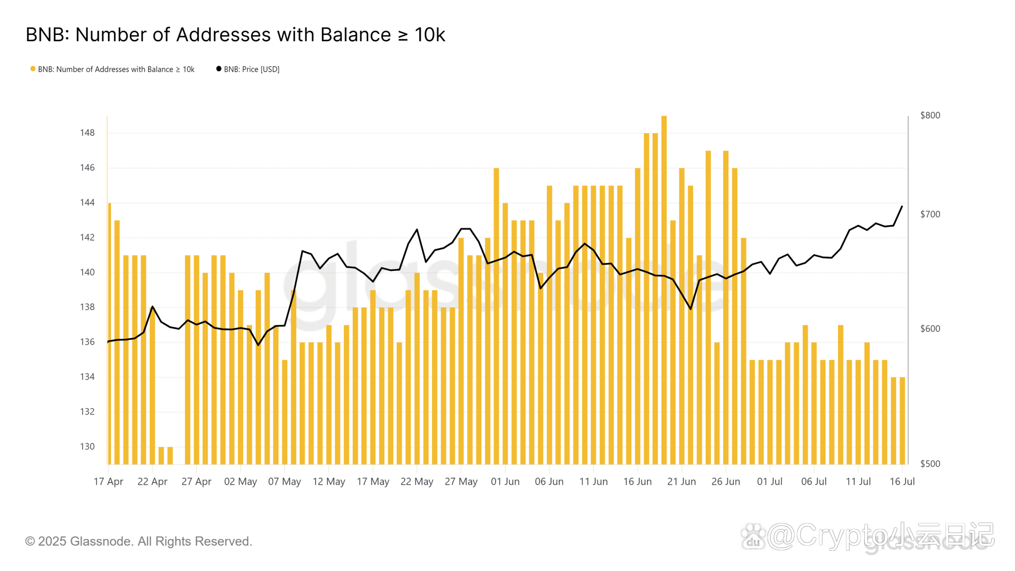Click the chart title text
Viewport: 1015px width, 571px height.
[236, 35]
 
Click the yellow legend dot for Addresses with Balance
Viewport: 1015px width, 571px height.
[33, 69]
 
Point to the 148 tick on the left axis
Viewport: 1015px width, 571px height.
[87, 133]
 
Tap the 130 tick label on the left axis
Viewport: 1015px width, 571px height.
[87, 446]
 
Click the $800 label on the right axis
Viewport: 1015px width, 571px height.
[930, 115]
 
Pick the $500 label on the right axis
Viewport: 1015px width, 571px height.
[930, 464]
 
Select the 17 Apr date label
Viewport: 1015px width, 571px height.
[108, 482]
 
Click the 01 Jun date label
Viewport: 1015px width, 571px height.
[505, 482]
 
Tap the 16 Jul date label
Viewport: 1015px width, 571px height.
[902, 482]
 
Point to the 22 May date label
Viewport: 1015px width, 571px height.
[417, 482]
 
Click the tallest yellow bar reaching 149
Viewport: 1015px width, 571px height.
[664, 289]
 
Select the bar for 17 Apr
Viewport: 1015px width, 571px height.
[109, 333]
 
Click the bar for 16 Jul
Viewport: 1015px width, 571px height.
[902, 420]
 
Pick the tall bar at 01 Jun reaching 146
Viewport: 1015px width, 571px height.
[496, 317]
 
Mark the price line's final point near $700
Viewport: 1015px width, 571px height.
[902, 206]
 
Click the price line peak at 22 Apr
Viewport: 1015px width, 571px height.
[153, 307]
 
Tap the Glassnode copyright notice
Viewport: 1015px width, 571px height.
[139, 541]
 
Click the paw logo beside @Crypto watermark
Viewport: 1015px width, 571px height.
[753, 537]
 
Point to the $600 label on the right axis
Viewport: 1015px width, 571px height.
[930, 329]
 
